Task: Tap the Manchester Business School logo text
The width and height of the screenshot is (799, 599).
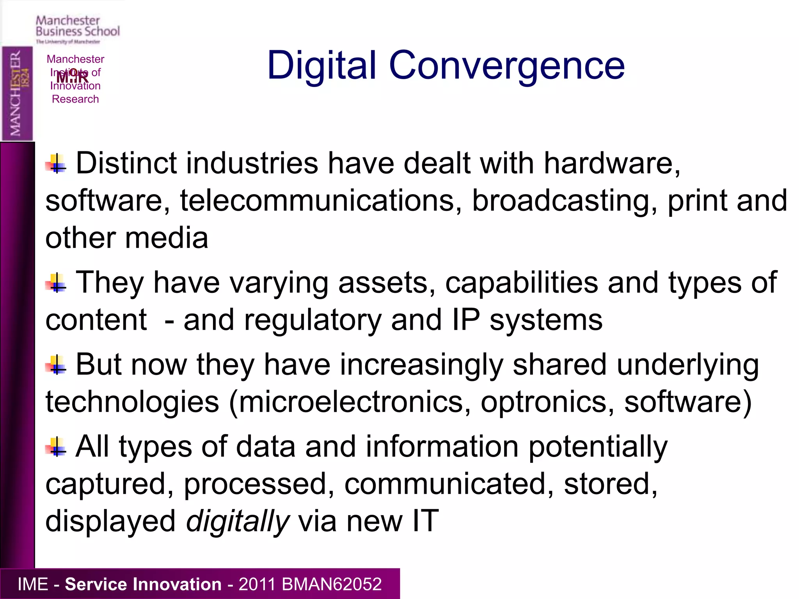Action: [x=78, y=26]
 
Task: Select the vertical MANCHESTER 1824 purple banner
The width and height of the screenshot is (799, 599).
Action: [x=17, y=94]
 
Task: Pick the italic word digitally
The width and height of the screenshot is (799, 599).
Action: [x=238, y=521]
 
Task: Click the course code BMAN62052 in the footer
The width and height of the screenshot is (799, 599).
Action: [x=331, y=584]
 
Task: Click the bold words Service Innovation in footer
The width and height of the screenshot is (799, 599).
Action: [x=143, y=584]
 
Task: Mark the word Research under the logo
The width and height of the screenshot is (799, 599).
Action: [x=75, y=99]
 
